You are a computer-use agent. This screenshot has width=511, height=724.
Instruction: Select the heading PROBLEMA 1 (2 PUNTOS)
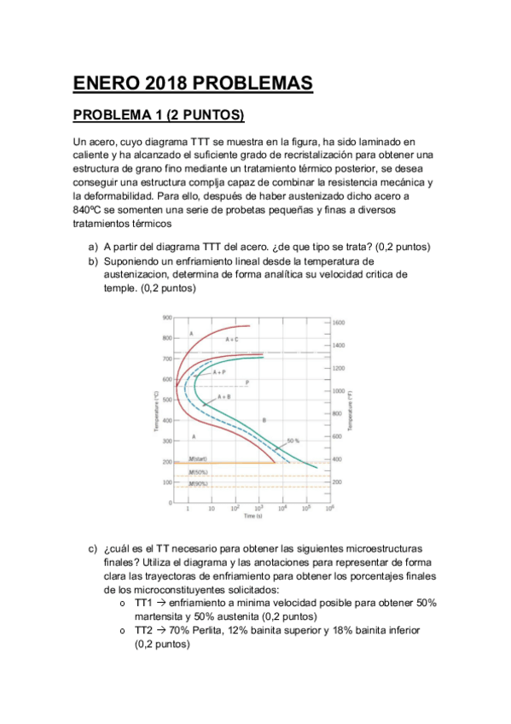(158, 115)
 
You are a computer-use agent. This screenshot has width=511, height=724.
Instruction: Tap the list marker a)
(93, 247)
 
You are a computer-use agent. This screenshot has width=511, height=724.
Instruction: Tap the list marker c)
(93, 548)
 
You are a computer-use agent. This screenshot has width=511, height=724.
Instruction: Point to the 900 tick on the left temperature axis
(167, 317)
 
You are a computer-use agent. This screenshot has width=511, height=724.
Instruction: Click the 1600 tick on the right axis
(338, 323)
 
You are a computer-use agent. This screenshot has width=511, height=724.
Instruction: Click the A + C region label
(232, 339)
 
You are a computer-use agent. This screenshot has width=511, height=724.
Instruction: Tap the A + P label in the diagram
(219, 372)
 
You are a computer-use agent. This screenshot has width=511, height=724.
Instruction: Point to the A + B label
(225, 397)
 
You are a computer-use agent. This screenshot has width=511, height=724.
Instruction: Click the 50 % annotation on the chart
(293, 441)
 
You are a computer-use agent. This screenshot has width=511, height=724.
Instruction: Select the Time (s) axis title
(253, 517)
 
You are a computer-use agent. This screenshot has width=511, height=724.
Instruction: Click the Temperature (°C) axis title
(156, 411)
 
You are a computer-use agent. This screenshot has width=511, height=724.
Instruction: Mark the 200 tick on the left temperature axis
(167, 462)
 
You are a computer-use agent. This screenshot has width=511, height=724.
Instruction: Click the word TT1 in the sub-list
(143, 603)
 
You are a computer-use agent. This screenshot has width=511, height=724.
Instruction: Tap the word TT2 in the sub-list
(143, 630)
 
